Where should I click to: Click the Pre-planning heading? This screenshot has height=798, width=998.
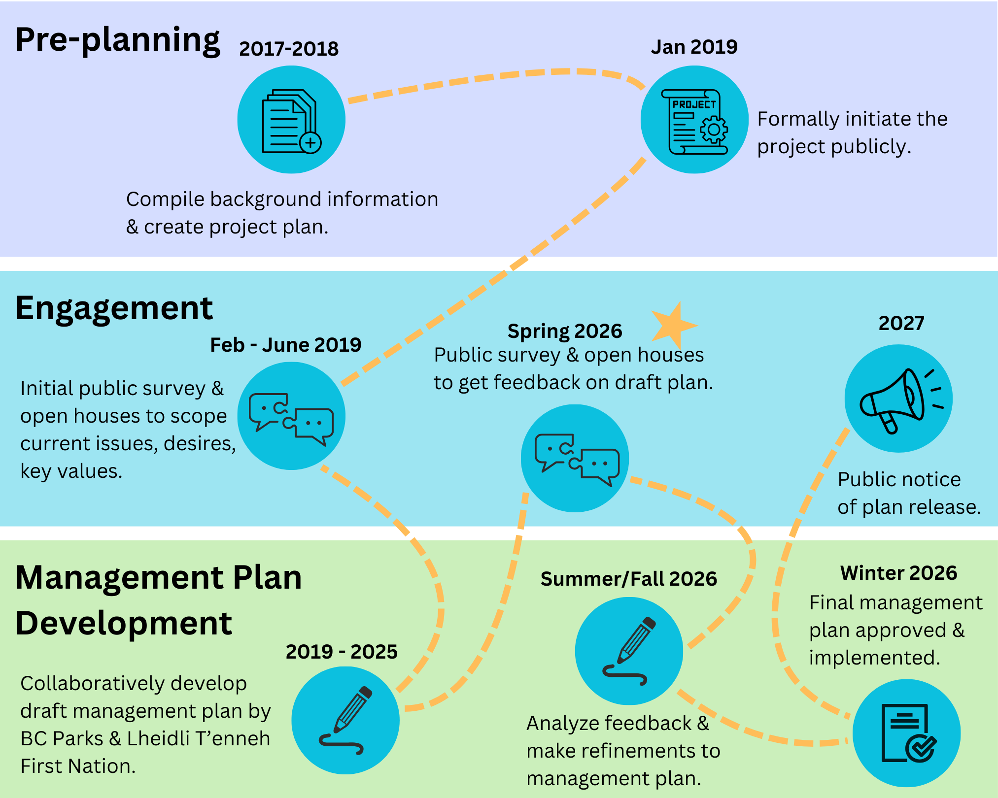click(118, 40)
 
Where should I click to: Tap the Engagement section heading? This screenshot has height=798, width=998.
click(114, 309)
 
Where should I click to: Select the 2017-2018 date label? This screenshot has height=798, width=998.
click(289, 49)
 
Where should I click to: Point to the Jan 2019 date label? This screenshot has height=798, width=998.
click(694, 47)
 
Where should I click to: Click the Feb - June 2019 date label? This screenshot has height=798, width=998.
click(286, 345)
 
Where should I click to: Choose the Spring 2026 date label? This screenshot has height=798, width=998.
click(565, 331)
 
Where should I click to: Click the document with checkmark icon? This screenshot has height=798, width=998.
click(908, 733)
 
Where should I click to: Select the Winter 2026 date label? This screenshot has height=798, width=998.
click(898, 573)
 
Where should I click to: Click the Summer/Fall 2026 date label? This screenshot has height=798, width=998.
click(629, 579)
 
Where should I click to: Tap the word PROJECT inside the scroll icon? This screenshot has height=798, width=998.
click(694, 104)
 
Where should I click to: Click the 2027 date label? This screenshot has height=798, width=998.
click(901, 323)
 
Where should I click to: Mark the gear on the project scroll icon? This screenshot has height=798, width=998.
click(713, 130)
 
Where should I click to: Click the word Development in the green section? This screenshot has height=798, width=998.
click(124, 623)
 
